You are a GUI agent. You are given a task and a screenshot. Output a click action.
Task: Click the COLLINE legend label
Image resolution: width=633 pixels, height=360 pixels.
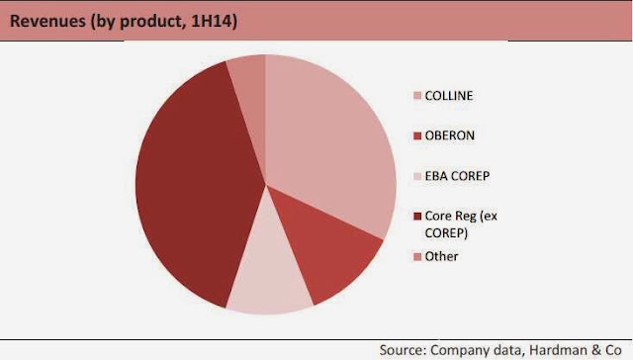[x=448, y=96]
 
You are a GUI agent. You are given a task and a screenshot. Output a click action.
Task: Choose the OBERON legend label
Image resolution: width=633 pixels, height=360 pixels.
[x=450, y=135]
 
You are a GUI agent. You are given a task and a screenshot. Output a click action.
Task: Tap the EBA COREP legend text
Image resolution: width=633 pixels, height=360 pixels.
[x=457, y=176]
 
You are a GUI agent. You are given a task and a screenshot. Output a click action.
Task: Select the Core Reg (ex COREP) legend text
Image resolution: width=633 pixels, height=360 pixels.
[x=461, y=225]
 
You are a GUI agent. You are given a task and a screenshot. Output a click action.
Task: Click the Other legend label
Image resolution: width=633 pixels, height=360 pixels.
[x=441, y=256]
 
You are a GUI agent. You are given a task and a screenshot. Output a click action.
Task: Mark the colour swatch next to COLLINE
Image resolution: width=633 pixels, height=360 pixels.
[x=417, y=96]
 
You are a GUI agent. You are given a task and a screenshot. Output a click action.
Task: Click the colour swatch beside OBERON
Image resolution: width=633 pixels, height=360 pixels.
[x=417, y=135]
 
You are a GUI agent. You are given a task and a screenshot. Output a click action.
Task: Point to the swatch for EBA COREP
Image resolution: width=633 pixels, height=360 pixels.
[x=417, y=176]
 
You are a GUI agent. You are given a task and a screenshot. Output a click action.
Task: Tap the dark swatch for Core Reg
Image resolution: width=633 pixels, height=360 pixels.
[x=417, y=216]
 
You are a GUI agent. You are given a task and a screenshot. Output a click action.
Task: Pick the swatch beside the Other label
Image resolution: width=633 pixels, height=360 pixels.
[x=417, y=256]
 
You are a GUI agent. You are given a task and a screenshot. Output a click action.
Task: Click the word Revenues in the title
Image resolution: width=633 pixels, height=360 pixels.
[x=47, y=21]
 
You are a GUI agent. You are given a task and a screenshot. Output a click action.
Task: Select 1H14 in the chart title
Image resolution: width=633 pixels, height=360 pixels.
[x=214, y=21]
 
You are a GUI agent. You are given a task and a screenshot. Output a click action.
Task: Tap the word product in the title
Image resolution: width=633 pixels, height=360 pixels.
[x=153, y=22]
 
